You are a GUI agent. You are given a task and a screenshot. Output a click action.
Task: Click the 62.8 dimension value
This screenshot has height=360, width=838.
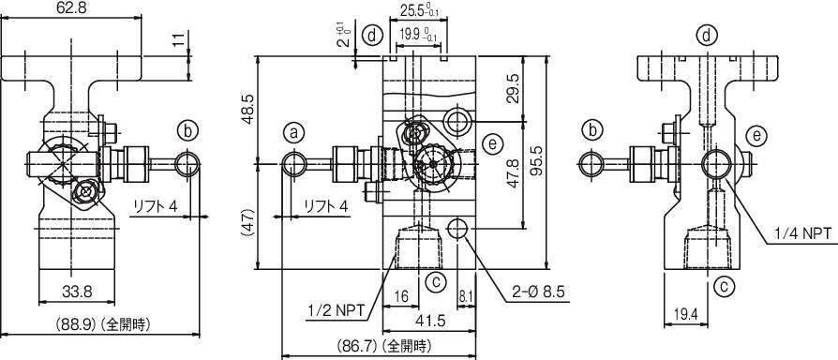coord(71,8)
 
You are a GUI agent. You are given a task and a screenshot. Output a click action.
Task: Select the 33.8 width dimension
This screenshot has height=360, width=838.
coord(77,292)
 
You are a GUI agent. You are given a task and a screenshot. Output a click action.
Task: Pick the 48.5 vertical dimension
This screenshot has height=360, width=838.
coord(248,110)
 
